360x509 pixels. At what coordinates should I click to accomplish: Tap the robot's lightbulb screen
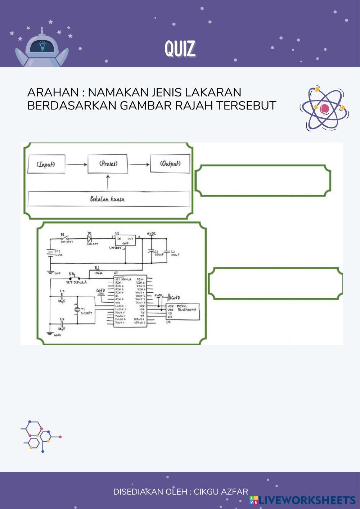(42, 46)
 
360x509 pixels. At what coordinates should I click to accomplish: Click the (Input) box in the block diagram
(46, 164)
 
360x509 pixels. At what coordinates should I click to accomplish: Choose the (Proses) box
(108, 164)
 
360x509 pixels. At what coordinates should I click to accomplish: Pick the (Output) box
(170, 164)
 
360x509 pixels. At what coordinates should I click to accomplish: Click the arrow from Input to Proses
(77, 165)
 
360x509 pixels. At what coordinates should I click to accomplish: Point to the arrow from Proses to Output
(139, 165)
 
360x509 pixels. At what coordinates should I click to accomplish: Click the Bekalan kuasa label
(107, 199)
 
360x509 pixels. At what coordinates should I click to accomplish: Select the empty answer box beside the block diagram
(262, 181)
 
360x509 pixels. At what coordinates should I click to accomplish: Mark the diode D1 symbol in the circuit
(89, 238)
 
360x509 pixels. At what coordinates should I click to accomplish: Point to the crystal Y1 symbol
(76, 310)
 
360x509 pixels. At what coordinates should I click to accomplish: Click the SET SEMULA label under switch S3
(76, 282)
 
